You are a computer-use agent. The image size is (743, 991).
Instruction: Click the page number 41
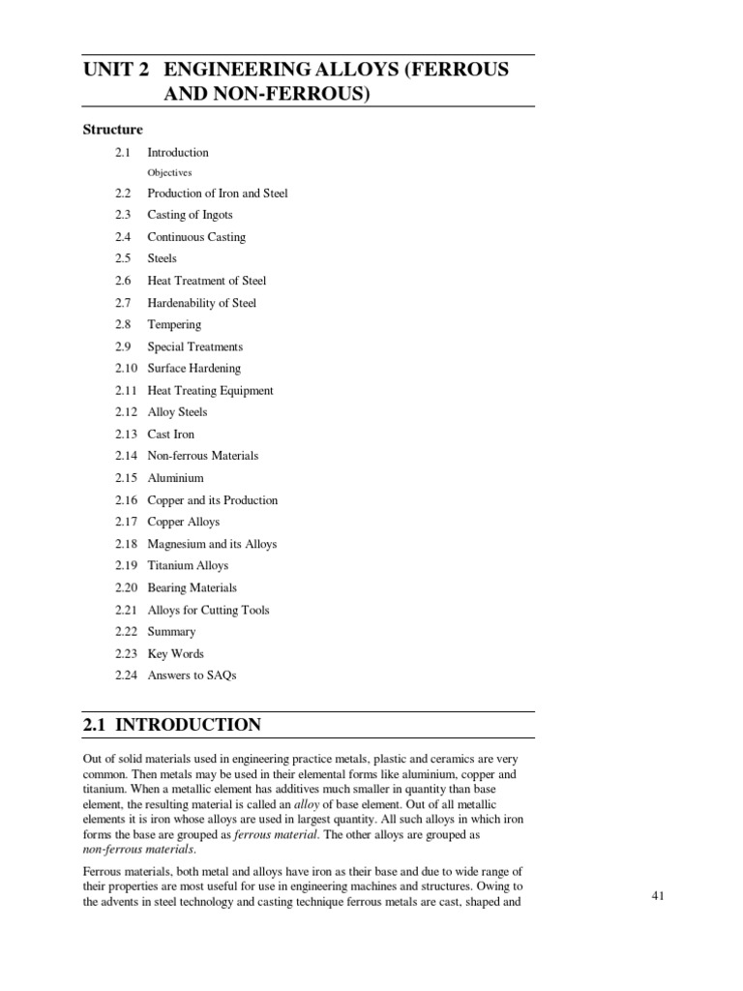[659, 897]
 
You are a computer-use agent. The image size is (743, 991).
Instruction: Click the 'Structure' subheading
[113, 130]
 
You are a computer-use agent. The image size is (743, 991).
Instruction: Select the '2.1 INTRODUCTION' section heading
[172, 725]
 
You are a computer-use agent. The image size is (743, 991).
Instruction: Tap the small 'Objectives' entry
[169, 172]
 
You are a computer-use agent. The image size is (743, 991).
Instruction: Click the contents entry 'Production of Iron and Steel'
[217, 194]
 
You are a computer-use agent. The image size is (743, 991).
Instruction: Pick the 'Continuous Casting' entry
[196, 237]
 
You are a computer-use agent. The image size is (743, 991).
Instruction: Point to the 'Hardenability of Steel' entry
[201, 303]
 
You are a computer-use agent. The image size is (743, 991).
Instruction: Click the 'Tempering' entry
[174, 325]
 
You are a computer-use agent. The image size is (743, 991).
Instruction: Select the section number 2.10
[126, 369]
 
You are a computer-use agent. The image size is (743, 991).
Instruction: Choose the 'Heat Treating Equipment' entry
[210, 391]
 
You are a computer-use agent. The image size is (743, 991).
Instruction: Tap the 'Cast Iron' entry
[170, 435]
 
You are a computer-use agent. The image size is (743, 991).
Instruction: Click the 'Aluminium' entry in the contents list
[175, 478]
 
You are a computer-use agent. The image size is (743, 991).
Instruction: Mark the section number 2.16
[126, 500]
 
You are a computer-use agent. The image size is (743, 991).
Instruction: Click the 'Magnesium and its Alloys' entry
[212, 544]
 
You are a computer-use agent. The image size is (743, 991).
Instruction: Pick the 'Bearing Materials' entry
[192, 587]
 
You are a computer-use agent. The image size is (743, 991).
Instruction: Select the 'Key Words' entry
[175, 653]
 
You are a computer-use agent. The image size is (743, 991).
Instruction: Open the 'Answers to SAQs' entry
[192, 676]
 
